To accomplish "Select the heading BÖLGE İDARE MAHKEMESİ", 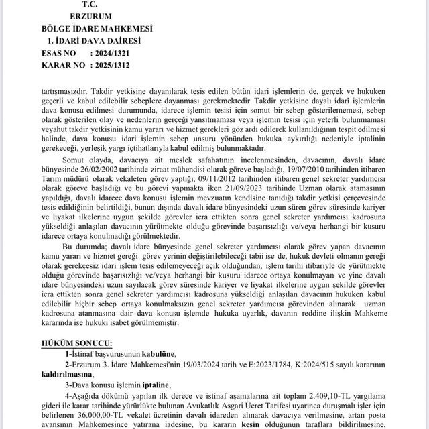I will click(x=97, y=29).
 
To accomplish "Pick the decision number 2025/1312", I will click(x=109, y=65).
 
